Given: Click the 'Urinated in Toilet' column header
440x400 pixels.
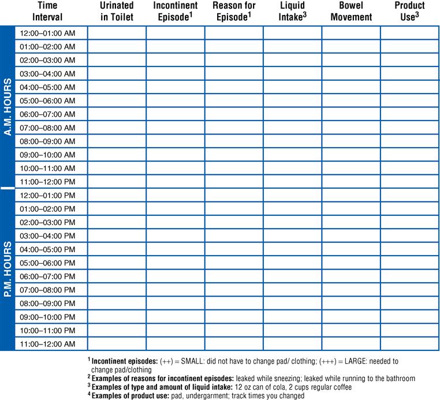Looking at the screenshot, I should [117, 12].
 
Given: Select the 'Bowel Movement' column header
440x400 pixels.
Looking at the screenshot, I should [350, 12].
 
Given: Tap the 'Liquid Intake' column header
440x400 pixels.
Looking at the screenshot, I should [292, 12].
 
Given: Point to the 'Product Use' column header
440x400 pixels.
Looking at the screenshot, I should [409, 12].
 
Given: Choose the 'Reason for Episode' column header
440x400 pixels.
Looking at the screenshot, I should [234, 12].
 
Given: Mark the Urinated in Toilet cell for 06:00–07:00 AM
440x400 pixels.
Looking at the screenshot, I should [117, 114].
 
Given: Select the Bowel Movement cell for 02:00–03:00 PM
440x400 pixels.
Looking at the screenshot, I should [350, 222].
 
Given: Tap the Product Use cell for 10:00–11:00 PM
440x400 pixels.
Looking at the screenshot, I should [409, 330].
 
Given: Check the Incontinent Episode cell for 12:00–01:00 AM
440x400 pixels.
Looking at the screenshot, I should [175, 33].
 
